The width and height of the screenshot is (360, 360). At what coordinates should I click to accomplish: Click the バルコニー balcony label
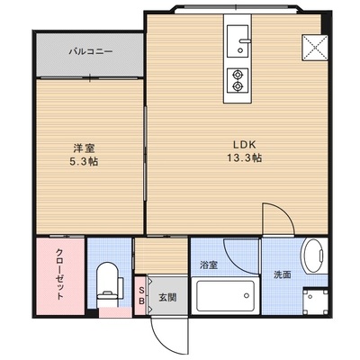pos(91,51)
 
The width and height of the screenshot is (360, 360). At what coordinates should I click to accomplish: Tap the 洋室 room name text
pos(85,148)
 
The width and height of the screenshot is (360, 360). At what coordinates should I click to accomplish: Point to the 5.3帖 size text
pos(84,162)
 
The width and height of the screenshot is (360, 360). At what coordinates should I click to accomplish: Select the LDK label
pos(245,145)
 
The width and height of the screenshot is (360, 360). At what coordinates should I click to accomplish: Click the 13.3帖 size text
pos(244,157)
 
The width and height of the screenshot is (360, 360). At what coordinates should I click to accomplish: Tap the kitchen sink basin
pos(238,41)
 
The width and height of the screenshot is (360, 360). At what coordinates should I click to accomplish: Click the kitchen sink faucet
pos(245,41)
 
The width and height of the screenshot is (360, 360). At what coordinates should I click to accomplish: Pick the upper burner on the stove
pos(238,74)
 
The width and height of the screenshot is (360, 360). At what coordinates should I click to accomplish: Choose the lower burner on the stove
pos(238,86)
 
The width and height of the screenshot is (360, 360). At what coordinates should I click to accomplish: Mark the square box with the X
pos(315,48)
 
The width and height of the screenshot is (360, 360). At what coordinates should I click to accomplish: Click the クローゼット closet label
pos(59,274)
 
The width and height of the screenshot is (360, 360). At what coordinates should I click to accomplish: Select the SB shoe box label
pos(141,295)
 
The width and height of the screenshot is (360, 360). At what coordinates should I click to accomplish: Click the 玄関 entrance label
pos(167,297)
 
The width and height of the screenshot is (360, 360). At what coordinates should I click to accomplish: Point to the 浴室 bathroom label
pos(209,265)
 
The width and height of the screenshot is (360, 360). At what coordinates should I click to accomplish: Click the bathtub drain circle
pos(247,295)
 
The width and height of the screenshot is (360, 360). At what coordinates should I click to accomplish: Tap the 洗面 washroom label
pos(283,274)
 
